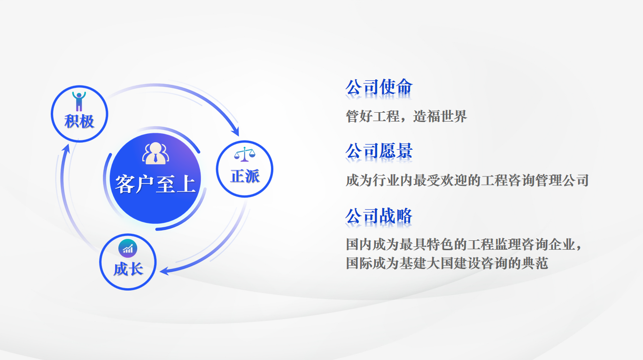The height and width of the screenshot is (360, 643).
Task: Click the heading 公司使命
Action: click(379, 87)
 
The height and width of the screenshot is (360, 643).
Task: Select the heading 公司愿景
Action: click(379, 151)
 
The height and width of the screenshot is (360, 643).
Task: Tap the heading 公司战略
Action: click(379, 216)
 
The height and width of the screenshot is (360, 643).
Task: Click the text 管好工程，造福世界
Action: click(406, 116)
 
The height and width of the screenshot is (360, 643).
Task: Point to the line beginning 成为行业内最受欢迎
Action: click(467, 180)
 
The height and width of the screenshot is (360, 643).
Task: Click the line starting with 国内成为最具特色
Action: click(464, 245)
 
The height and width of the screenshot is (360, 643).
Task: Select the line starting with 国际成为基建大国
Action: click(447, 263)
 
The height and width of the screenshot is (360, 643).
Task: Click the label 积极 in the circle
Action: click(79, 122)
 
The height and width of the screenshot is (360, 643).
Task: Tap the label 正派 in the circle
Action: click(245, 176)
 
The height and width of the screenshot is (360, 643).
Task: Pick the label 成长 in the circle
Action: click(128, 269)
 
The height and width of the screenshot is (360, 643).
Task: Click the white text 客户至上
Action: click(155, 184)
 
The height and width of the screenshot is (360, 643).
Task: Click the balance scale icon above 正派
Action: click(245, 154)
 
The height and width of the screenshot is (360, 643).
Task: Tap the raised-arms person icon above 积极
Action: click(79, 101)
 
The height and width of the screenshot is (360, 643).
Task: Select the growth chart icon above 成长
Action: click(128, 248)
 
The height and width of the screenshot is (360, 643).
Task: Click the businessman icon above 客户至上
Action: click(155, 153)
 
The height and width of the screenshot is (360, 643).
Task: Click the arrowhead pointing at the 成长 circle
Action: click(165, 271)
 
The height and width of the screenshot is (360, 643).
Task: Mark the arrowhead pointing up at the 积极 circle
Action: click(66, 149)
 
